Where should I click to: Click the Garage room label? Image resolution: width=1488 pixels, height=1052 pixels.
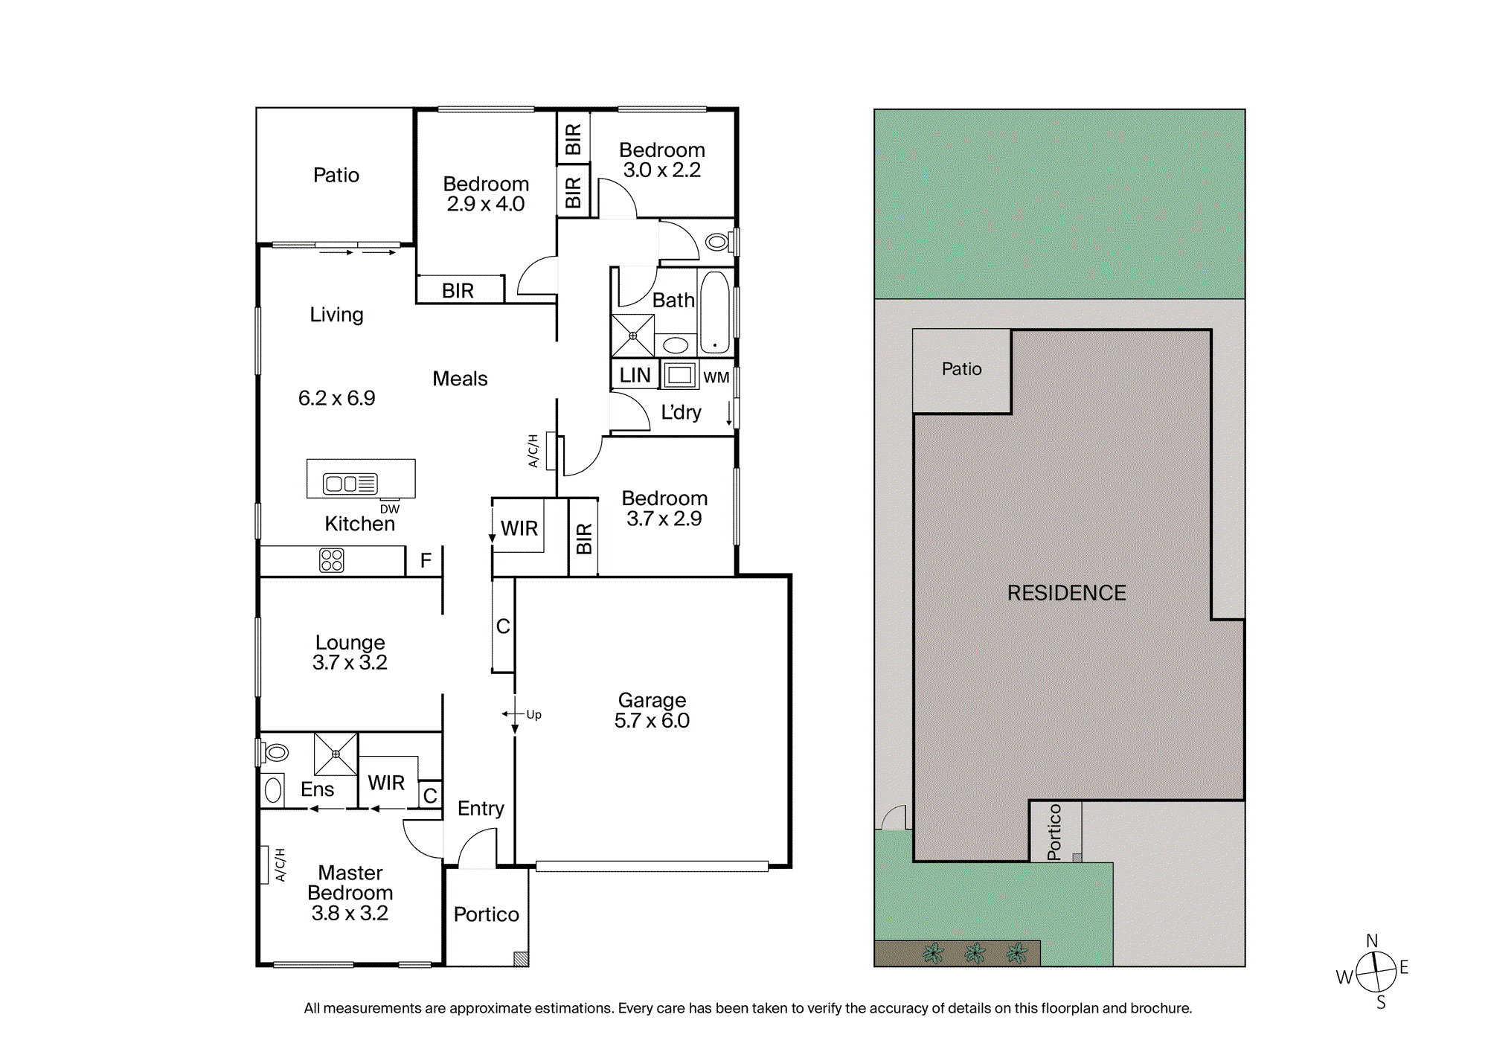point(652,700)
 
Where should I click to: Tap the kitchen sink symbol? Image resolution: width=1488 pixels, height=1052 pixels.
point(350,484)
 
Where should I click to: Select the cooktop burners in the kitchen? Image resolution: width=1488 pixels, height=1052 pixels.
point(332,560)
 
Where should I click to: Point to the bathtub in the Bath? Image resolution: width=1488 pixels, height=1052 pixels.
point(715,312)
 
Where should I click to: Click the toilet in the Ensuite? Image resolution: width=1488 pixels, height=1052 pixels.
point(275,752)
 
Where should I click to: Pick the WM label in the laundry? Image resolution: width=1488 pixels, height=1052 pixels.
point(716,377)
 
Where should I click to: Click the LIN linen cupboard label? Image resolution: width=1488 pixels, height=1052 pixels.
point(635,375)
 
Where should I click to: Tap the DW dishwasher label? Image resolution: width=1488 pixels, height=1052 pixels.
point(390,509)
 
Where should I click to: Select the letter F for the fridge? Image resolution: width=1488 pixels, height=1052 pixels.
point(426,560)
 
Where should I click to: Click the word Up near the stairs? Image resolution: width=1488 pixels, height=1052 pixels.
point(533,714)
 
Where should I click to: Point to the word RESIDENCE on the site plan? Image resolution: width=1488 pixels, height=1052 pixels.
point(1066,593)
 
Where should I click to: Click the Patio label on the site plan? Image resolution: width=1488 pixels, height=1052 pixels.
point(961,369)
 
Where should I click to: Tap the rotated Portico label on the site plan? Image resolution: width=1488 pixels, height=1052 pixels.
point(1054,832)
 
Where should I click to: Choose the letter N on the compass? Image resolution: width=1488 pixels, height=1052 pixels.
point(1372,941)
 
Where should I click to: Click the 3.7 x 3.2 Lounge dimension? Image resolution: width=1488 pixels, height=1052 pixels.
point(350,662)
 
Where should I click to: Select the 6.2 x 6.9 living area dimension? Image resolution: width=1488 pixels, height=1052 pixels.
point(336,398)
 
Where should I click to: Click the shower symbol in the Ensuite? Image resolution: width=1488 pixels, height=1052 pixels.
point(336,754)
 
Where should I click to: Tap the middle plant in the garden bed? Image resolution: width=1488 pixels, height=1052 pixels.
point(975,952)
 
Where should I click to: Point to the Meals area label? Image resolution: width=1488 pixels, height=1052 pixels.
point(460,379)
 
